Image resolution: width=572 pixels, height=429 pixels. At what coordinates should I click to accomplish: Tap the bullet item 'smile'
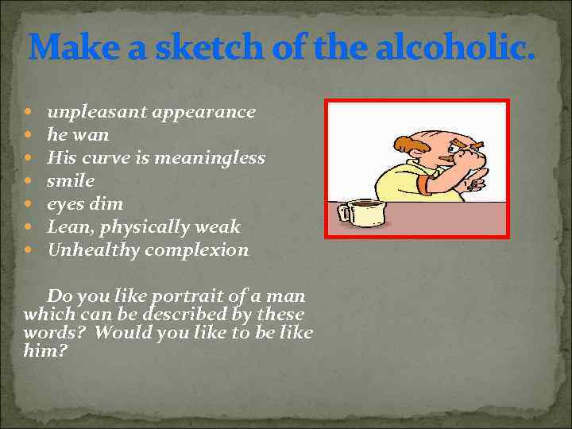click(x=70, y=180)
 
